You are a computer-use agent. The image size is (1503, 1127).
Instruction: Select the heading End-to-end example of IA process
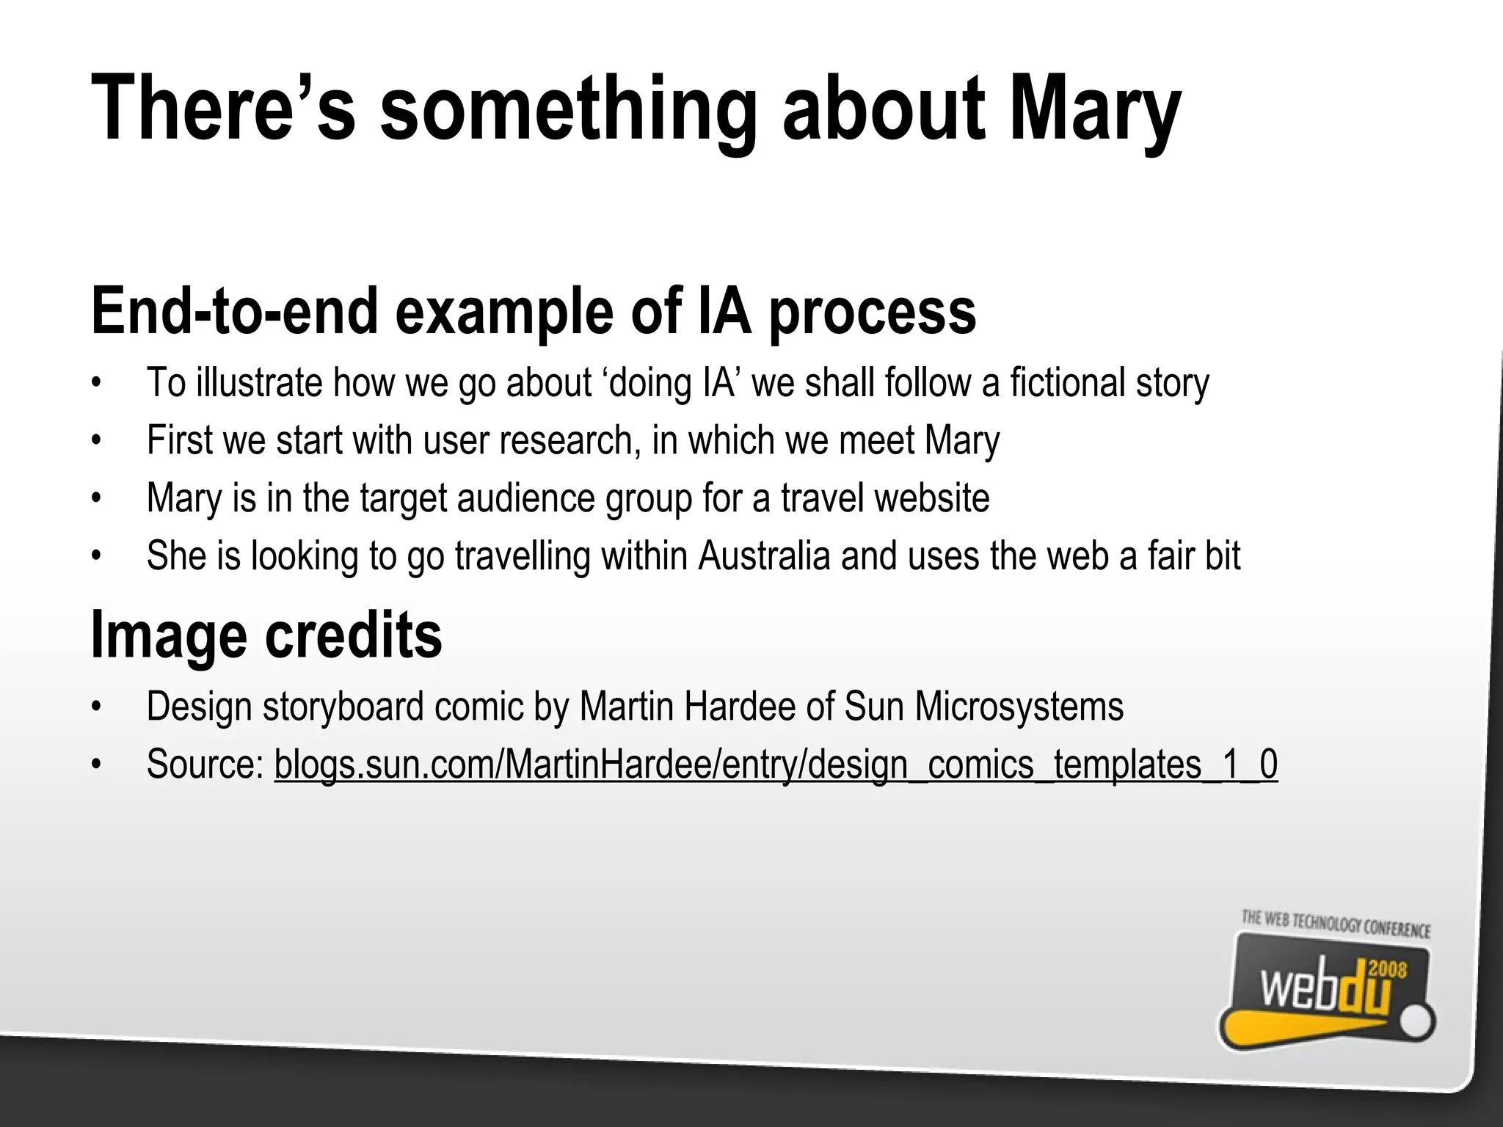(534, 311)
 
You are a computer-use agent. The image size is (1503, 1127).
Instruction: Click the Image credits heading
(266, 635)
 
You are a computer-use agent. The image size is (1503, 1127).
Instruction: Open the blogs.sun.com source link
(776, 764)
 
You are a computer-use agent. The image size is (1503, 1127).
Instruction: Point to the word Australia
(764, 555)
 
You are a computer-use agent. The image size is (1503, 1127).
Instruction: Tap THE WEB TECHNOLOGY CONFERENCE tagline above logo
(1336, 924)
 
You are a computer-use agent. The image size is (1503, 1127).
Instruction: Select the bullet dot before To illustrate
(95, 383)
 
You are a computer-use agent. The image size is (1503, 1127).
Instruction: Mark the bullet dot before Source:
(95, 765)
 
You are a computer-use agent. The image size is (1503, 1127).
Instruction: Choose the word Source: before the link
(205, 764)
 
